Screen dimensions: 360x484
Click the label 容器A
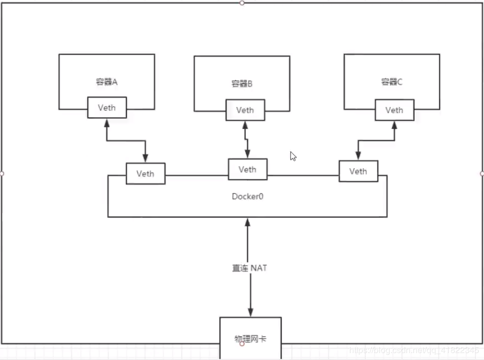click(106, 82)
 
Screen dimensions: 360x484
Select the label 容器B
click(242, 84)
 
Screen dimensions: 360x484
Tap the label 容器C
click(392, 82)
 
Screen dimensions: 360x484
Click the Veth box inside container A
click(106, 108)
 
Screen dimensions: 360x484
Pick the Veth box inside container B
click(245, 110)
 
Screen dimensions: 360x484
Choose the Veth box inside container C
click(394, 110)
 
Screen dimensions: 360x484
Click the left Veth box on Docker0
click(145, 174)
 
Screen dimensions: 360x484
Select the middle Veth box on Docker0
click(247, 169)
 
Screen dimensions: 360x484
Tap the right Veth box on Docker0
click(358, 171)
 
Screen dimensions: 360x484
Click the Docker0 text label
click(248, 196)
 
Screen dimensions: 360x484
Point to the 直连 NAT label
click(249, 268)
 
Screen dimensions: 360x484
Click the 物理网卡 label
click(250, 339)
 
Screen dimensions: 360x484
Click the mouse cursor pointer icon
click(293, 156)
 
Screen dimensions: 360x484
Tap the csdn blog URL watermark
click(413, 350)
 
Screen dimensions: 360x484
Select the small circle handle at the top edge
click(242, 3)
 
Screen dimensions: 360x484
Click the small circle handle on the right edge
click(482, 174)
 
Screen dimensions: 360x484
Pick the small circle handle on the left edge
click(2, 174)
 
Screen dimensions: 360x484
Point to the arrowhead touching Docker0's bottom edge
click(248, 222)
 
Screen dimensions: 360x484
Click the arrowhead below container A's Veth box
click(106, 123)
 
